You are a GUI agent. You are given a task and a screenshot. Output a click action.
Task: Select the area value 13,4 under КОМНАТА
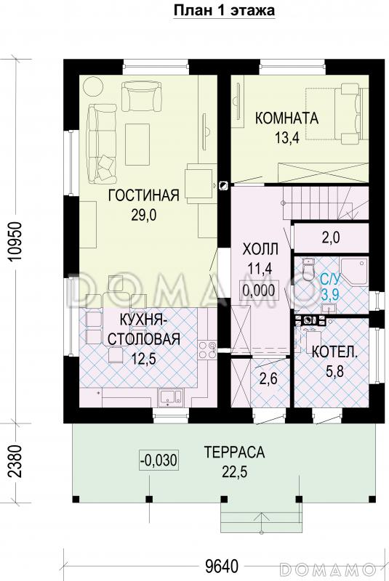point(286,141)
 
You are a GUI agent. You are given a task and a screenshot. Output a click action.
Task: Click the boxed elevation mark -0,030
point(158,460)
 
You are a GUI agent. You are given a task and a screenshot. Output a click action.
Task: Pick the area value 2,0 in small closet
point(331,237)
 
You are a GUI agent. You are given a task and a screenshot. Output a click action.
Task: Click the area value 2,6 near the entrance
point(268,378)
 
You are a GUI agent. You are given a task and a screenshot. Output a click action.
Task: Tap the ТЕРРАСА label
point(233,452)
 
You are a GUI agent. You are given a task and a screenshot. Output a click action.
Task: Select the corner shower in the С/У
point(356,270)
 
